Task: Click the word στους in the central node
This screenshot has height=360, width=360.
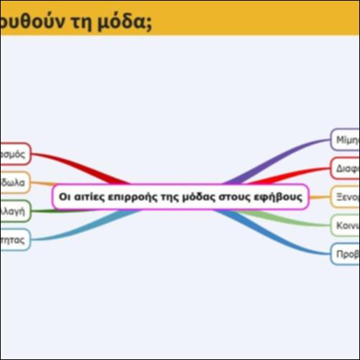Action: (x=235, y=197)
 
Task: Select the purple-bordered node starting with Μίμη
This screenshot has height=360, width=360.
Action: (x=345, y=139)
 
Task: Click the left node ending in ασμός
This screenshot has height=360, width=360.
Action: (x=14, y=153)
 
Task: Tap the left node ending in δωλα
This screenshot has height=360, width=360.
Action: (x=14, y=182)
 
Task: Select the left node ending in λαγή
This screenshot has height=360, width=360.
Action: (x=14, y=211)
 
